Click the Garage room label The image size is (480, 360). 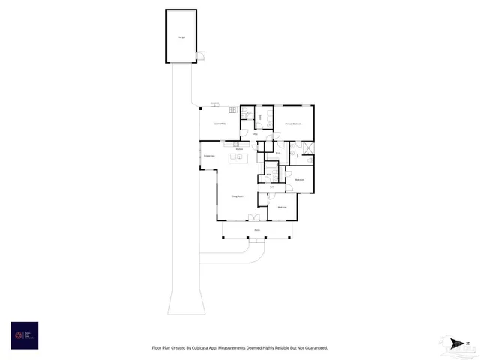pos(181,37)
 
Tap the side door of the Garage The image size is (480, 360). pos(199,55)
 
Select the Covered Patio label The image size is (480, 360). pos(220,123)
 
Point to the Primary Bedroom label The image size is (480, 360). pos(292,123)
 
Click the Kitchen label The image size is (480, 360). pos(239,149)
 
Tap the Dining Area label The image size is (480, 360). pos(210,155)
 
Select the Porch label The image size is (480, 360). pos(256,230)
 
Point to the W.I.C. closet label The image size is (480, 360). pos(277,153)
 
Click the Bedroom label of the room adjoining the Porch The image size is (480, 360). pos(283,207)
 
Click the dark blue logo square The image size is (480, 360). pos(24,335)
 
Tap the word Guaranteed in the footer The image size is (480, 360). pos(313,348)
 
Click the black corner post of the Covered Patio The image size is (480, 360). pos(201,108)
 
